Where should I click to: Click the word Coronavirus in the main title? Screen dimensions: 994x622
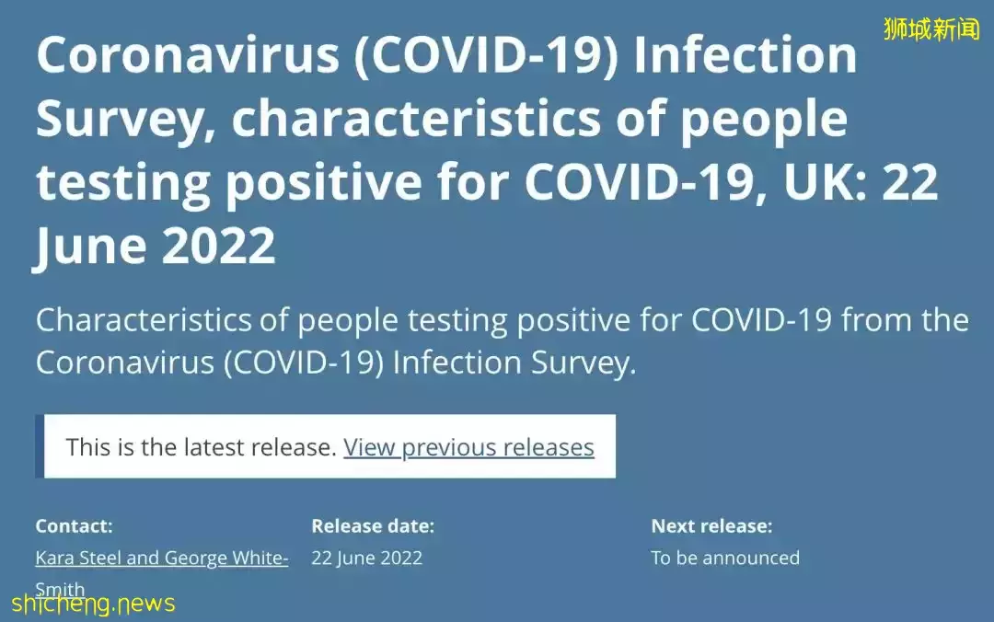pyautogui.click(x=189, y=55)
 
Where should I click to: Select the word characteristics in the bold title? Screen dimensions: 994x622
pyautogui.click(x=416, y=119)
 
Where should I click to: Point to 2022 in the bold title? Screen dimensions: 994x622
pyautogui.click(x=219, y=246)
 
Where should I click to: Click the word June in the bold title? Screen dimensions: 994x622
pyautogui.click(x=90, y=248)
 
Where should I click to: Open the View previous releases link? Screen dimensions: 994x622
pyautogui.click(x=468, y=447)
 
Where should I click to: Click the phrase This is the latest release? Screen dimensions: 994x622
pyautogui.click(x=202, y=447)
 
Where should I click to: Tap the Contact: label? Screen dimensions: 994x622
pyautogui.click(x=75, y=525)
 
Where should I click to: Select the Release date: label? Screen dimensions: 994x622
pyautogui.click(x=373, y=525)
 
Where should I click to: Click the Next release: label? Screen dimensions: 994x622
pyautogui.click(x=711, y=525)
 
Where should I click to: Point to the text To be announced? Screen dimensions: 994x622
pyautogui.click(x=725, y=558)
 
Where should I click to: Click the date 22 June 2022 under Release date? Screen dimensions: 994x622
pyautogui.click(x=367, y=558)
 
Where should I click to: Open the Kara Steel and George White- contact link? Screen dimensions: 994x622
pyautogui.click(x=162, y=558)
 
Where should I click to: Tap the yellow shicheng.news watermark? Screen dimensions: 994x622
pyautogui.click(x=93, y=603)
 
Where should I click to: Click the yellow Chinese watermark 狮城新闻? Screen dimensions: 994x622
pyautogui.click(x=931, y=29)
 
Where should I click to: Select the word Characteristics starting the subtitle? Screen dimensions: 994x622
pyautogui.click(x=144, y=320)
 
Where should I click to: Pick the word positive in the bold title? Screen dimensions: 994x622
pyautogui.click(x=324, y=185)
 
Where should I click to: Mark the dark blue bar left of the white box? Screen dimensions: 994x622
pyautogui.click(x=40, y=446)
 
